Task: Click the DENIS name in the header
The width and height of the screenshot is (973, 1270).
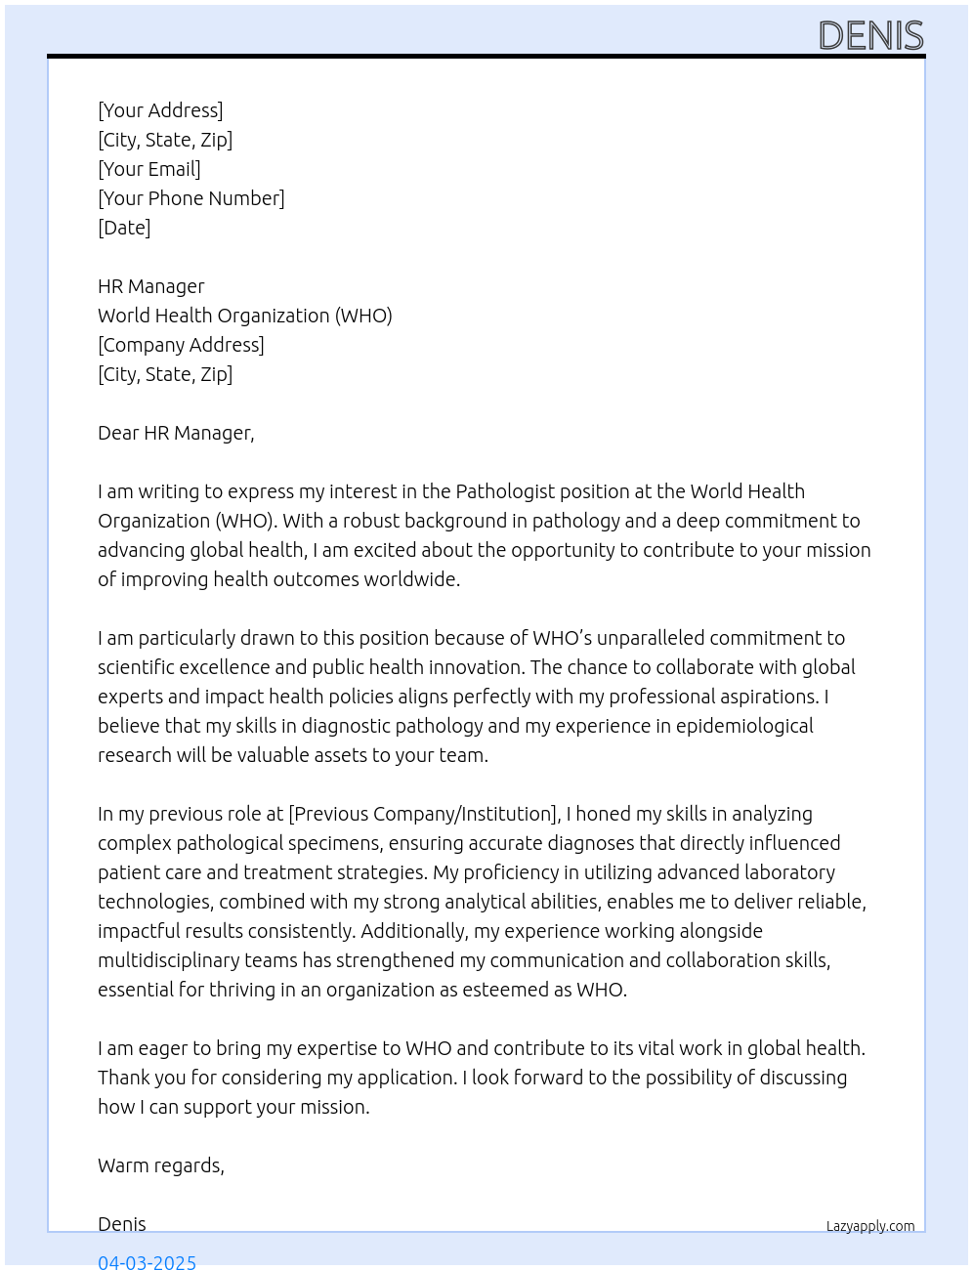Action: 870,36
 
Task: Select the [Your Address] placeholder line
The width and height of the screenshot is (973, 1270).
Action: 160,110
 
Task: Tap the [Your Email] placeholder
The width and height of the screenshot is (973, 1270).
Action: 149,169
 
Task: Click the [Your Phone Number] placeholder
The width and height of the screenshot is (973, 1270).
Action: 191,198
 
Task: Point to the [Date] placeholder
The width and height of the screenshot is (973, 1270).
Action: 124,228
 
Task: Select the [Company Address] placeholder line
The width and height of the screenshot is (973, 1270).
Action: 181,345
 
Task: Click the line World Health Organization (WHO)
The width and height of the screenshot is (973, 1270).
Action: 244,316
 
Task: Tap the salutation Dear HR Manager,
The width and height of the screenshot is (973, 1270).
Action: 176,433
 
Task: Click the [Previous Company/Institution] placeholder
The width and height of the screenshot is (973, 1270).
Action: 424,814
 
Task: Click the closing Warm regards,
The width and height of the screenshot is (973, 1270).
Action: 161,1165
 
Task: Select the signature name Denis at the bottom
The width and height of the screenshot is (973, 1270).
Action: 122,1224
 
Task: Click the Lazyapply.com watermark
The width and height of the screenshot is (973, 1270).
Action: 870,1226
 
